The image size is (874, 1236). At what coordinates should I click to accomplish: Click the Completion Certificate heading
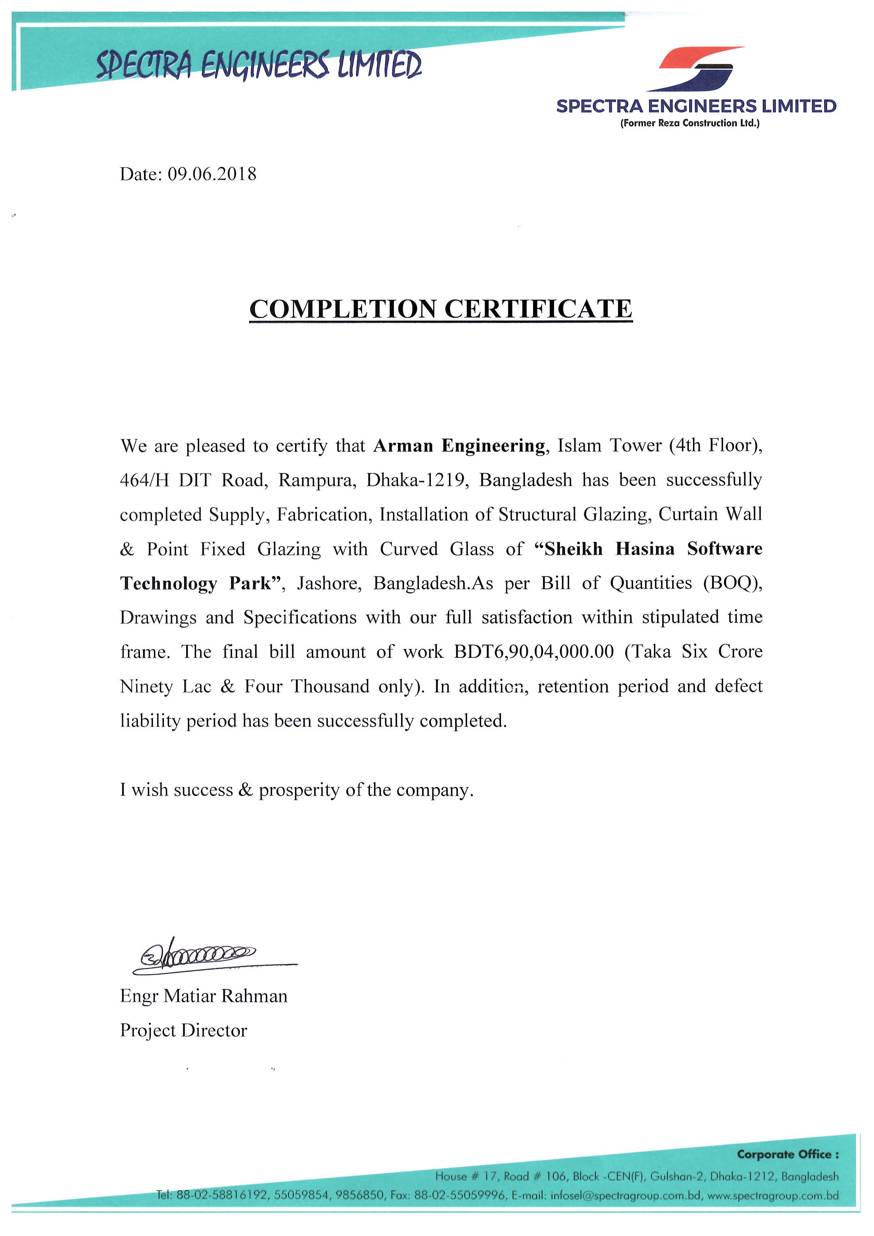[x=441, y=309]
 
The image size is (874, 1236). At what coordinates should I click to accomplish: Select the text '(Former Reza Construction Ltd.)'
[x=690, y=123]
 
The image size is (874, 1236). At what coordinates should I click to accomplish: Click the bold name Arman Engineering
[x=459, y=446]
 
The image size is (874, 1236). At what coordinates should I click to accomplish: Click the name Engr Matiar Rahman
[x=203, y=996]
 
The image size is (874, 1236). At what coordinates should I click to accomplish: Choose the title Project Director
[x=183, y=1030]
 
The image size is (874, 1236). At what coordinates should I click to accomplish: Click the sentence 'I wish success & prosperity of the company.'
[x=297, y=790]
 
